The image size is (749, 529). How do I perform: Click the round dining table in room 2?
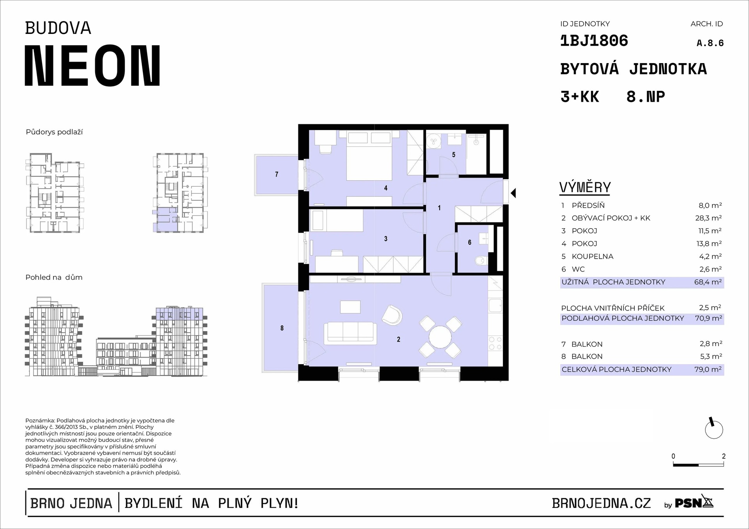pyautogui.click(x=440, y=337)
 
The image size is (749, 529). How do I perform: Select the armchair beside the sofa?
pyautogui.click(x=392, y=315)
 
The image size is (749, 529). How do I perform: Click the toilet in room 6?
pyautogui.click(x=481, y=260)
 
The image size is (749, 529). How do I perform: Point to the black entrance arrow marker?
pyautogui.click(x=513, y=193)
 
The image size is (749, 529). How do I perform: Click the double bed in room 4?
pyautogui.click(x=369, y=155)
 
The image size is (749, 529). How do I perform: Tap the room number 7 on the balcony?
pyautogui.click(x=277, y=175)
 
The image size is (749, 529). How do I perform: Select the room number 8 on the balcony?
pyautogui.click(x=282, y=328)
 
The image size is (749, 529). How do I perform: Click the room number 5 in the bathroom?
pyautogui.click(x=454, y=155)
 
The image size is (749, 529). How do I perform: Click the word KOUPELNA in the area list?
pyautogui.click(x=593, y=256)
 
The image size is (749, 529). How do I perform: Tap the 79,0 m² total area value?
pyautogui.click(x=708, y=369)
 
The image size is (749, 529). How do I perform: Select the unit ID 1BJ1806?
pyautogui.click(x=594, y=41)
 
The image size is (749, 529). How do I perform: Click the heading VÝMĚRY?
pyautogui.click(x=585, y=187)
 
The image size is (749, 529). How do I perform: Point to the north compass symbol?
pyautogui.click(x=714, y=429)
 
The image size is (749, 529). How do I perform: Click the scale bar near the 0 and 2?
pyautogui.click(x=698, y=465)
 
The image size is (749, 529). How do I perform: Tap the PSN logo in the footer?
pyautogui.click(x=694, y=503)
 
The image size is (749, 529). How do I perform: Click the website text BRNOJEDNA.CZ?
pyautogui.click(x=601, y=503)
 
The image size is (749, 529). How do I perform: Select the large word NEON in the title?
pyautogui.click(x=93, y=65)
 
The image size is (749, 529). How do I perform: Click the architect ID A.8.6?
pyautogui.click(x=710, y=43)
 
